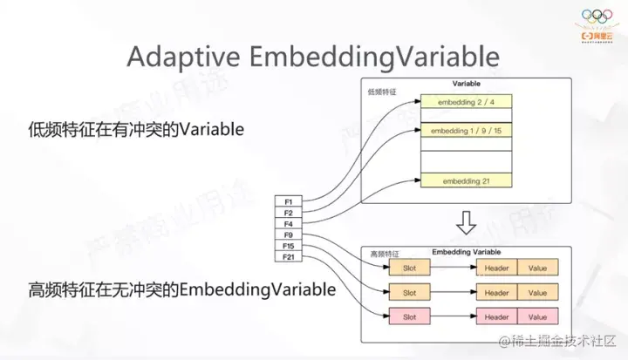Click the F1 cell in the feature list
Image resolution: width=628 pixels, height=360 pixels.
290,201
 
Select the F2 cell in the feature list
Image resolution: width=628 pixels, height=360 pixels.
290,213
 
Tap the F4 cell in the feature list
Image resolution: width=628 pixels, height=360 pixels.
290,224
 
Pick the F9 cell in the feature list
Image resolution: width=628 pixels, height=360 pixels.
290,235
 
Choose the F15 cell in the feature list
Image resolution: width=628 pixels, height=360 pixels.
290,246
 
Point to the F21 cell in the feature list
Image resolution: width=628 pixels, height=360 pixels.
290,257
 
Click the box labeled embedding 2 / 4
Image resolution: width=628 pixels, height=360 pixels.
467,102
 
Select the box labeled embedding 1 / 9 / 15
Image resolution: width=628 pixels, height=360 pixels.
467,131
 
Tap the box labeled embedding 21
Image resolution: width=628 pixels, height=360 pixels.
467,180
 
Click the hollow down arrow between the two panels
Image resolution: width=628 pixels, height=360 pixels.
467,224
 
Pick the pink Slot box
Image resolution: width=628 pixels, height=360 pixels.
410,316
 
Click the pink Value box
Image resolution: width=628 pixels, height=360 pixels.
537,316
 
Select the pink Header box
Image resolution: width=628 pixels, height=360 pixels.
496,316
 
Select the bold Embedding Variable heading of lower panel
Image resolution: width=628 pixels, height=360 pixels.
468,251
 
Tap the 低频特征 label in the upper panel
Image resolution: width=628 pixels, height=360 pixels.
381,91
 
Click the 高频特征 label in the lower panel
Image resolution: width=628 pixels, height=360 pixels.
381,254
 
